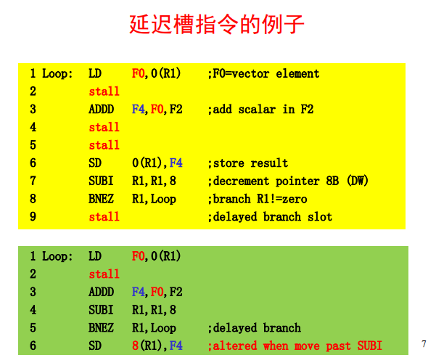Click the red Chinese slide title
pyautogui.click(x=217, y=24)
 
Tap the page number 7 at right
pyautogui.click(x=424, y=344)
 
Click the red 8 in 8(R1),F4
pyautogui.click(x=135, y=345)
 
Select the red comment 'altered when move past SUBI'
pyautogui.click(x=295, y=345)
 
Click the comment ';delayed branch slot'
pyautogui.click(x=270, y=217)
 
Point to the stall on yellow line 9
pyautogui.click(x=104, y=217)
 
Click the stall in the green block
pyautogui.click(x=104, y=274)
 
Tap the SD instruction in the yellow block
pyautogui.click(x=95, y=163)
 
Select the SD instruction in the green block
pyautogui.click(x=95, y=345)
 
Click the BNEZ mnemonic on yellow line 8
pyautogui.click(x=101, y=199)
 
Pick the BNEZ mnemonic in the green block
pyautogui.click(x=101, y=328)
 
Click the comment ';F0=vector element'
pyautogui.click(x=263, y=74)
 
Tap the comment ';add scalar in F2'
pyautogui.click(x=260, y=110)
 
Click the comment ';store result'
pyautogui.click(x=248, y=163)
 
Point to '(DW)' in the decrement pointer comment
pyautogui.click(x=358, y=181)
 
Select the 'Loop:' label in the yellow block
pyautogui.click(x=57, y=74)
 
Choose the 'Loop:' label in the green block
pyautogui.click(x=57, y=256)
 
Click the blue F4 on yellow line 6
pyautogui.click(x=176, y=163)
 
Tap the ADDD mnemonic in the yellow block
pyautogui.click(x=102, y=110)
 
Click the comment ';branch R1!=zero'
pyautogui.click(x=258, y=199)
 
